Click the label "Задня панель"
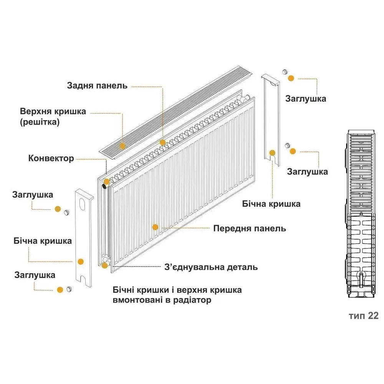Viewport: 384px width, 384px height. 97,86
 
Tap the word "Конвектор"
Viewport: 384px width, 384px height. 51,158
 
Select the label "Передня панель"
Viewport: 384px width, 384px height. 250,228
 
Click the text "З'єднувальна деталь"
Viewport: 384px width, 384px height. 211,267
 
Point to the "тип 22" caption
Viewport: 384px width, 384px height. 364,316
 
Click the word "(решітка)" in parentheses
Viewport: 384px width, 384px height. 40,122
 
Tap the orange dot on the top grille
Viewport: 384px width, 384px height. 122,146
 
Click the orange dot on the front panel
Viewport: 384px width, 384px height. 155,227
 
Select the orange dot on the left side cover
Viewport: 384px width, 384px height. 81,262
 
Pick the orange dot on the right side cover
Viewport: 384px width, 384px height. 272,153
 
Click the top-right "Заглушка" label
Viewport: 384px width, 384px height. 306,99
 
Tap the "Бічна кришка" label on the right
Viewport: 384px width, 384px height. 271,204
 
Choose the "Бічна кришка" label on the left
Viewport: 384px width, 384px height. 43,241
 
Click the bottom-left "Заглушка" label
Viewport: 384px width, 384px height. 35,275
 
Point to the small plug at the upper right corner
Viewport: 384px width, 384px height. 285,72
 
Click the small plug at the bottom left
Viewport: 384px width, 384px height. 70,289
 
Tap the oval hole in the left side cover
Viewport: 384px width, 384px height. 83,204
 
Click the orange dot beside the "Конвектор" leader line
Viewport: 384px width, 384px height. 106,182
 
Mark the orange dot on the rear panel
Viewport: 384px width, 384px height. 162,142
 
